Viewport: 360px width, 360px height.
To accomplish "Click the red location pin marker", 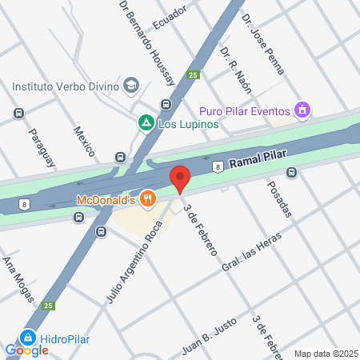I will [x=180, y=178].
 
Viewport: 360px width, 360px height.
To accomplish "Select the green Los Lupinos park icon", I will [x=146, y=123].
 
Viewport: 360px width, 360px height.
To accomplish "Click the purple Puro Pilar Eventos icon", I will [x=302, y=110].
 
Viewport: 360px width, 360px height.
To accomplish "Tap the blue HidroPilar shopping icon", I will [x=29, y=338].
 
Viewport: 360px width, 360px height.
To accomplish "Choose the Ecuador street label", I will [x=170, y=15].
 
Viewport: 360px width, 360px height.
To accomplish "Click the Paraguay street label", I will [x=42, y=149].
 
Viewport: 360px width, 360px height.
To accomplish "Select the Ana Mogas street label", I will [x=17, y=279].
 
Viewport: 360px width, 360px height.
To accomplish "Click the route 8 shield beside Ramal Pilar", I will [x=217, y=166].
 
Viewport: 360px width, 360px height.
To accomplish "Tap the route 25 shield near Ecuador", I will [x=193, y=75].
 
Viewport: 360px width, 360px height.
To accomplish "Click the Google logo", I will [x=27, y=350].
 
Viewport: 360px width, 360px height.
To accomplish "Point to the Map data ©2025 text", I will [x=325, y=354].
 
